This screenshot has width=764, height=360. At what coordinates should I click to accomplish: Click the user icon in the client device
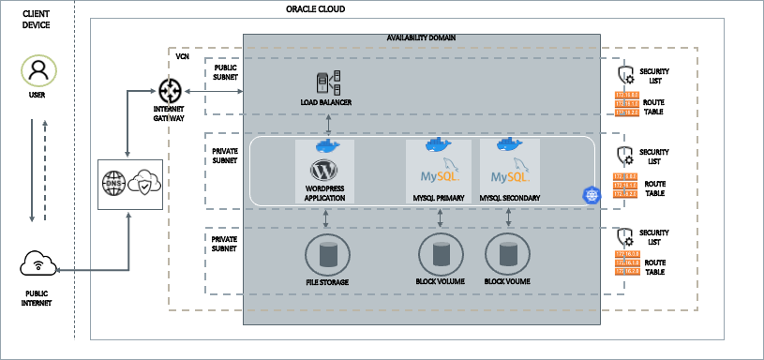pyautogui.click(x=37, y=70)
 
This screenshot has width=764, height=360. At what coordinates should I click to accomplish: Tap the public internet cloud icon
pyautogui.click(x=37, y=265)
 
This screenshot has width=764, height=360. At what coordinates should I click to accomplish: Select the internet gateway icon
pyautogui.click(x=170, y=91)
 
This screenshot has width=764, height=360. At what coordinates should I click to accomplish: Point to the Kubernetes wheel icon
pyautogui.click(x=591, y=195)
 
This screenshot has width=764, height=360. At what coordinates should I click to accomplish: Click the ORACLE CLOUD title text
pyautogui.click(x=315, y=9)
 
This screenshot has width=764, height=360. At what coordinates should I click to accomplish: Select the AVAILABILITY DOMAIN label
pyautogui.click(x=421, y=38)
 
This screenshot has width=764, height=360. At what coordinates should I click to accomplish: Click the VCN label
pyautogui.click(x=183, y=57)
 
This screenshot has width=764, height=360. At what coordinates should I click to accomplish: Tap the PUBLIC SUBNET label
pyautogui.click(x=226, y=73)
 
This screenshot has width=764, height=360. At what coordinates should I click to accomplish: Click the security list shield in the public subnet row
pyautogui.click(x=625, y=75)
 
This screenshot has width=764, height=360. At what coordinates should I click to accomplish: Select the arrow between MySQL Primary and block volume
pyautogui.click(x=440, y=217)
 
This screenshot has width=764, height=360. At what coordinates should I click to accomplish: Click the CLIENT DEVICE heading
pyautogui.click(x=37, y=18)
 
